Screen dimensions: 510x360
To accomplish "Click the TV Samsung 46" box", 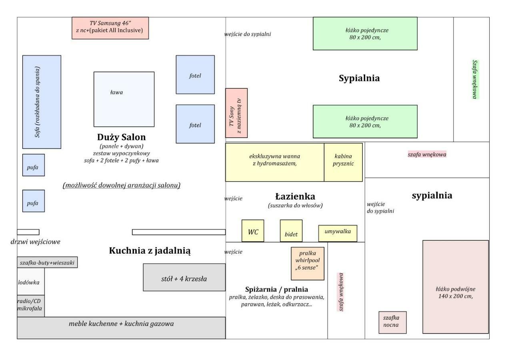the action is [110, 28].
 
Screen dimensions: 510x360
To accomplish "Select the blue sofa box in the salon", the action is [42, 102].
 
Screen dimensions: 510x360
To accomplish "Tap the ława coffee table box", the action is [124, 99].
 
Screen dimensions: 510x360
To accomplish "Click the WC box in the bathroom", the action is [253, 231].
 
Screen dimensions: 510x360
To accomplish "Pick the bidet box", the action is [291, 231].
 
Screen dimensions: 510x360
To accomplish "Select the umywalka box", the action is [338, 233].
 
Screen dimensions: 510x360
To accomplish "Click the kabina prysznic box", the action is [343, 162].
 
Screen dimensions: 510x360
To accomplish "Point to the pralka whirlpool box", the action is [308, 264].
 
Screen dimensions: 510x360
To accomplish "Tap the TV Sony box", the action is [236, 113].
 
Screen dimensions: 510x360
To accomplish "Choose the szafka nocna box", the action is [392, 322].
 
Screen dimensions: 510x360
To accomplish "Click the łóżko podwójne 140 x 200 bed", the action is [456, 287].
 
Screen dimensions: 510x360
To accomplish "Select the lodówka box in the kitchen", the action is [31, 282].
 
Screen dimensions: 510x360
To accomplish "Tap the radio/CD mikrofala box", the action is [31, 306].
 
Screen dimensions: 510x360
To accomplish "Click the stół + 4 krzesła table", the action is [184, 277].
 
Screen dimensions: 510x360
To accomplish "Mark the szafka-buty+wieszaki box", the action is [47, 262].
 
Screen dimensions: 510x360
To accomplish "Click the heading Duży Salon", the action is [121, 137].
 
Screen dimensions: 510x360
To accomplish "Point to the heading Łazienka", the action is [295, 196].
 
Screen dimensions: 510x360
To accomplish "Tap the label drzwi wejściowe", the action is [35, 242].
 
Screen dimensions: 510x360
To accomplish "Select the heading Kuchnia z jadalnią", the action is [150, 250].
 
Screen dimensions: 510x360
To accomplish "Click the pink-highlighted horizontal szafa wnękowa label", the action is [427, 154].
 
